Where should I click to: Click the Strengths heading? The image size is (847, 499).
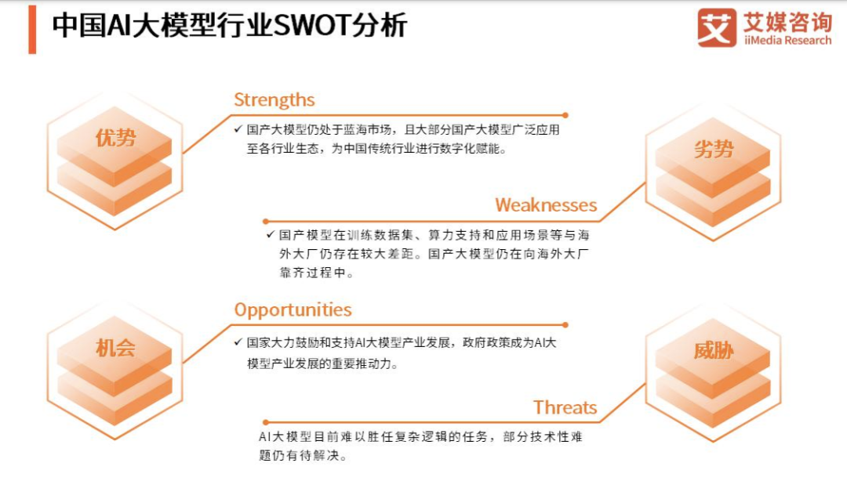pyautogui.click(x=274, y=100)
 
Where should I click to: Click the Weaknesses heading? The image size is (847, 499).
pyautogui.click(x=546, y=205)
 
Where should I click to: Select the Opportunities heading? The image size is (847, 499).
pyautogui.click(x=293, y=309)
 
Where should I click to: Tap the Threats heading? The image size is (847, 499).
pyautogui.click(x=565, y=407)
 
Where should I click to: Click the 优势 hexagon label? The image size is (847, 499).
pyautogui.click(x=115, y=139)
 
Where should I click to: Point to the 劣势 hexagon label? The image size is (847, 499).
pyautogui.click(x=713, y=150)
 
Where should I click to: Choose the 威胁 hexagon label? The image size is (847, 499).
pyautogui.click(x=713, y=351)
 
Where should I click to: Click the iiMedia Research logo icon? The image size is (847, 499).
pyautogui.click(x=717, y=28)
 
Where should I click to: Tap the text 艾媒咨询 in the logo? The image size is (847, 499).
pyautogui.click(x=787, y=21)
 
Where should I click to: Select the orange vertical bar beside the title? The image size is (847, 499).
pyautogui.click(x=32, y=28)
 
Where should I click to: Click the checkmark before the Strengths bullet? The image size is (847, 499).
pyautogui.click(x=238, y=129)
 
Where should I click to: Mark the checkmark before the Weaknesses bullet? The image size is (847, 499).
pyautogui.click(x=270, y=234)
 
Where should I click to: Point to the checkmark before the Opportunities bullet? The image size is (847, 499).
pyautogui.click(x=238, y=342)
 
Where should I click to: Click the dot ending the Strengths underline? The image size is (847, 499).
pyautogui.click(x=565, y=114)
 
